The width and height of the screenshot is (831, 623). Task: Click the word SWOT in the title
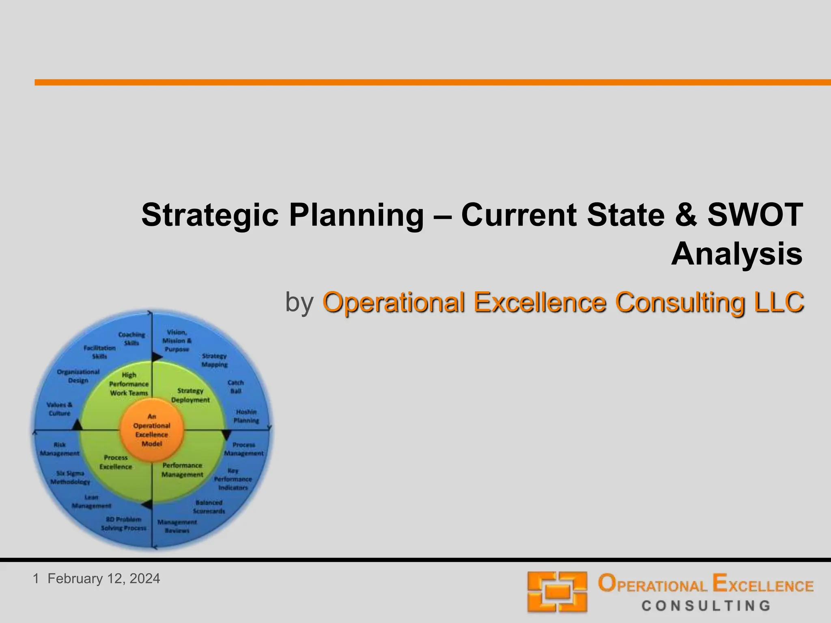click(x=755, y=215)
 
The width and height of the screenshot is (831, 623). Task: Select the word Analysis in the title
click(x=737, y=254)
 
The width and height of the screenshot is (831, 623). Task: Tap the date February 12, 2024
click(x=104, y=578)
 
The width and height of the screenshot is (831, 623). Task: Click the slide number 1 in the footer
click(x=36, y=578)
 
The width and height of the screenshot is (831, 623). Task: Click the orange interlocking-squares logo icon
click(x=557, y=592)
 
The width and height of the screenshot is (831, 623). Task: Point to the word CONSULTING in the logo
click(x=706, y=606)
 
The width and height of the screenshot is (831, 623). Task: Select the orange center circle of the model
click(x=152, y=430)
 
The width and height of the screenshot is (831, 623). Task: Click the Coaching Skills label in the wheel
click(x=131, y=339)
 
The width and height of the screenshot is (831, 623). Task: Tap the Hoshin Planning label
click(x=246, y=416)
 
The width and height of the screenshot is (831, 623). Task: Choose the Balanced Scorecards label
click(x=209, y=507)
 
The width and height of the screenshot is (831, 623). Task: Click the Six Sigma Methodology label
click(x=70, y=477)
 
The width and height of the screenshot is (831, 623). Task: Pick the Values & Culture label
click(x=59, y=409)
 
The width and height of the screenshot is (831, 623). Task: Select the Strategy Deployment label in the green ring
click(x=190, y=395)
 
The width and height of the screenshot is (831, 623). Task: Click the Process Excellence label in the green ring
click(x=116, y=462)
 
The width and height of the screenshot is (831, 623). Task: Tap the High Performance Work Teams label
click(x=129, y=384)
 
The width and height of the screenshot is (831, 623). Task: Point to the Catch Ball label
click(x=236, y=387)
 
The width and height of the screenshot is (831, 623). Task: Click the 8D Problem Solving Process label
click(x=123, y=524)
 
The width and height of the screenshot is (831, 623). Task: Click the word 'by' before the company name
click(x=299, y=302)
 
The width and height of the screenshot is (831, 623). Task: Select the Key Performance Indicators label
click(x=233, y=479)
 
